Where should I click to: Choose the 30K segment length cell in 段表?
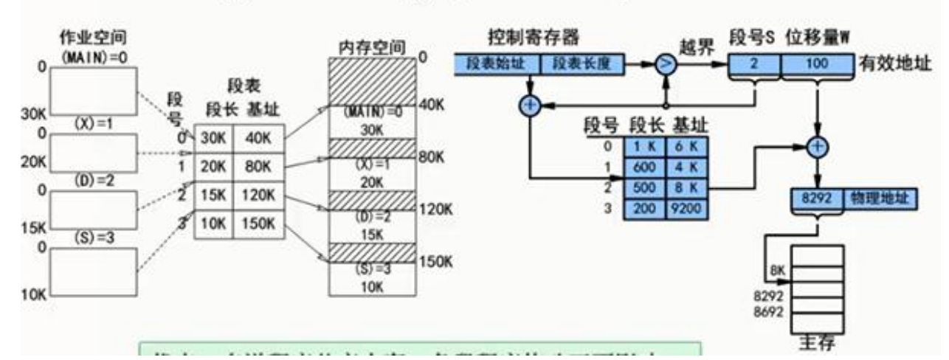(214, 137)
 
